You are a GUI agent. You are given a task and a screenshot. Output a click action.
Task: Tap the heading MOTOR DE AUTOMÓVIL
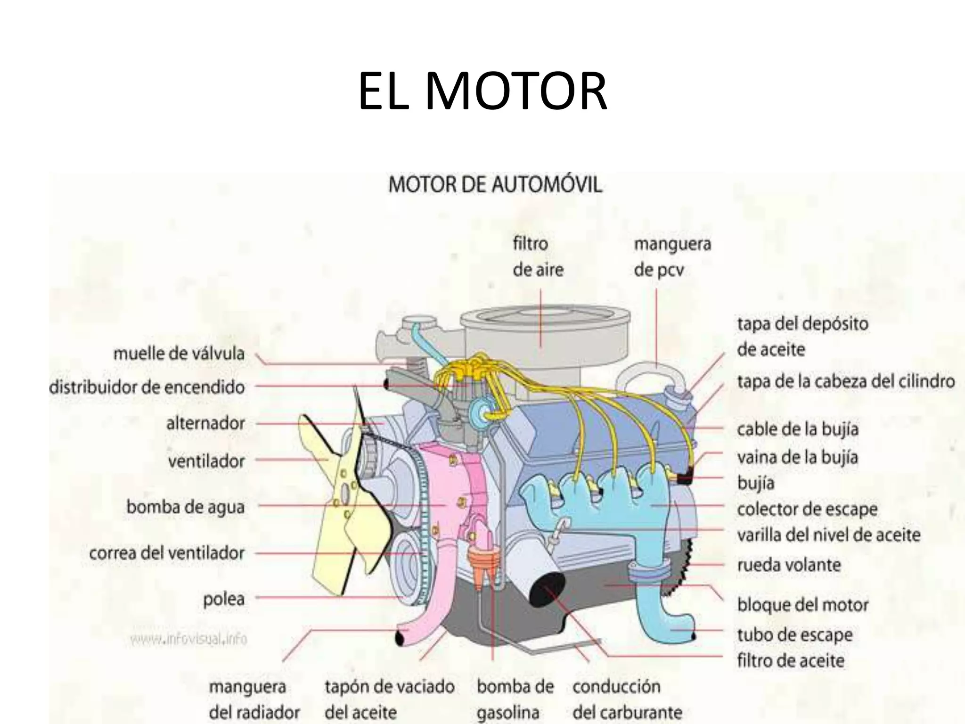click(495, 185)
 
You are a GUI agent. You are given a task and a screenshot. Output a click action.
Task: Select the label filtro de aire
click(538, 257)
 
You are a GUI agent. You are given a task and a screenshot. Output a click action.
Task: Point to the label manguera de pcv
click(672, 257)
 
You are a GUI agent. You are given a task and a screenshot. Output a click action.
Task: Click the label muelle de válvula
click(179, 354)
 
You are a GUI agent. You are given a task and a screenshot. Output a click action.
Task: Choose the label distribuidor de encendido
click(147, 387)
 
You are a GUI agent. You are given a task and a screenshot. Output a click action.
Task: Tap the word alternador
click(205, 423)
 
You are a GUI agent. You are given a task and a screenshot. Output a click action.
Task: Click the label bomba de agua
click(186, 508)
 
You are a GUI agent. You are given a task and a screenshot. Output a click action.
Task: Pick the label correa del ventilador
click(167, 553)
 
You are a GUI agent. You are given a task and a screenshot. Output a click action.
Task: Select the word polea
click(224, 599)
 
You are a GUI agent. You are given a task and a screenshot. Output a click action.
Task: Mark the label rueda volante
click(789, 565)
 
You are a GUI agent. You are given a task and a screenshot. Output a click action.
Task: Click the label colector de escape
click(807, 509)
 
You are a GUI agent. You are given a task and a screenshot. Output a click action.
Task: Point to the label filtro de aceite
click(791, 661)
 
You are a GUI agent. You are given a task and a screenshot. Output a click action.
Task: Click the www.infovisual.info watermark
click(188, 640)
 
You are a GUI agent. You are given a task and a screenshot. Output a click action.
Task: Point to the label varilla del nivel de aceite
click(828, 535)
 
